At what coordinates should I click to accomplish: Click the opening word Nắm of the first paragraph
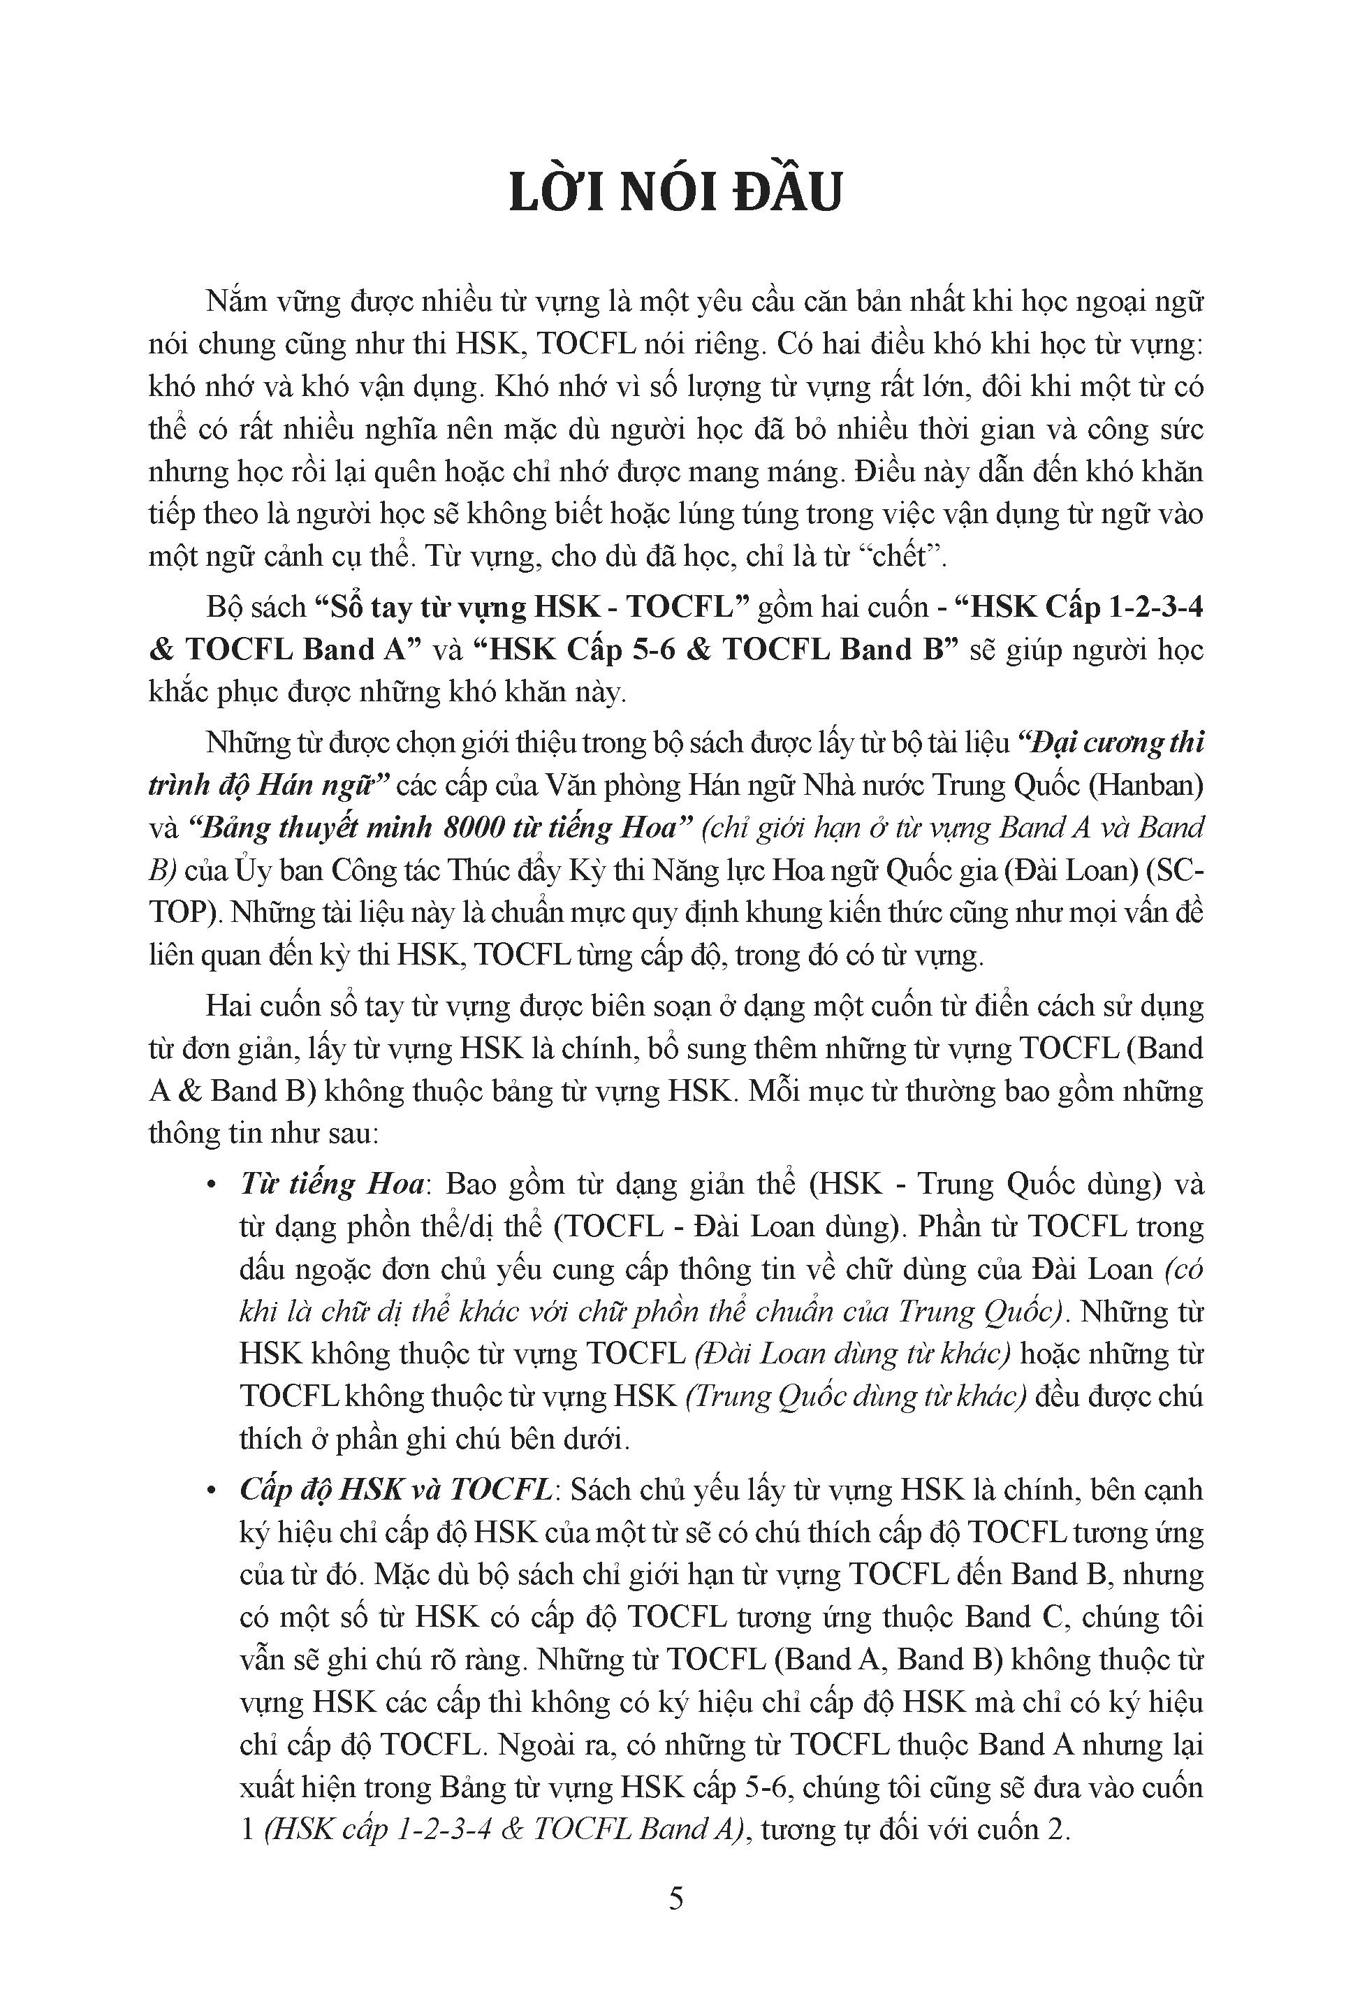(236, 303)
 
